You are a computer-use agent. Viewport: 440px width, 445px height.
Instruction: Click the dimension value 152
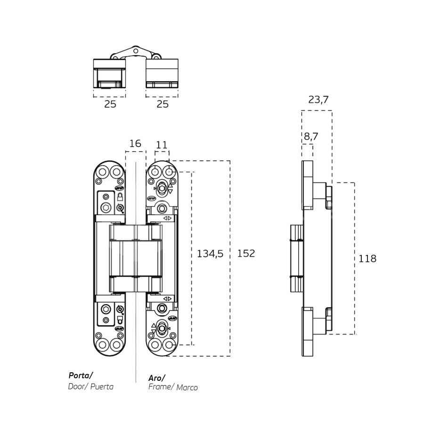[245, 253]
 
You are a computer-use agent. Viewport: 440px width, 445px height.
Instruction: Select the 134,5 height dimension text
[210, 253]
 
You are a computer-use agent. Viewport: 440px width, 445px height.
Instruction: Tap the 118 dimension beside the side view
[367, 259]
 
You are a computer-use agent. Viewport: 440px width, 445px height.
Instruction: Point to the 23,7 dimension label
[318, 100]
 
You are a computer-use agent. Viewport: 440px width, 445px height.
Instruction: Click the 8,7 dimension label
[310, 136]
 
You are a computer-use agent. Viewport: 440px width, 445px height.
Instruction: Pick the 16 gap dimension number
[135, 143]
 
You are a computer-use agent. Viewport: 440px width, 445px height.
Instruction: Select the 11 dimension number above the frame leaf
[162, 145]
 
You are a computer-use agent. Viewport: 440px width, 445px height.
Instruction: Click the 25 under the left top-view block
[110, 104]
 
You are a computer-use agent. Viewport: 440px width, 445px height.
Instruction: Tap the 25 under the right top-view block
[162, 104]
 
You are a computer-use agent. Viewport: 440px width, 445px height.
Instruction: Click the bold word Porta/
[81, 376]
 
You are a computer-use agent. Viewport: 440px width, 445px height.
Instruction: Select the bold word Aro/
[156, 378]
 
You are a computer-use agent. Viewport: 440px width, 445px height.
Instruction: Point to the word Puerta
[101, 386]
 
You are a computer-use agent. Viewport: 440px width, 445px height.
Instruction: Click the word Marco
[187, 387]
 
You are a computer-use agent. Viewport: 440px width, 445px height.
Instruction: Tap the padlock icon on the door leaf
[120, 196]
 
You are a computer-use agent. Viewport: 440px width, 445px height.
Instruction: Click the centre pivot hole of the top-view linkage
[135, 49]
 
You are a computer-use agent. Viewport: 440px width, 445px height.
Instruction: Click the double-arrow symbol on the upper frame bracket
[167, 218]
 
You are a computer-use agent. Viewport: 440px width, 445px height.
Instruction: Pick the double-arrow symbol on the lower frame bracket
[167, 299]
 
